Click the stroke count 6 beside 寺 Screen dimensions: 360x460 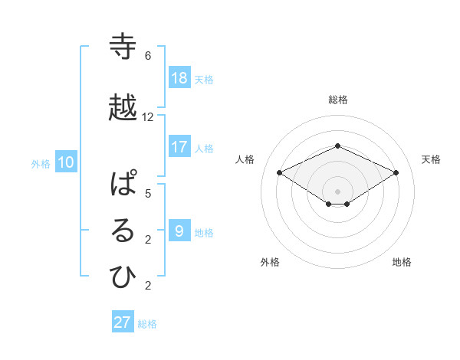(x=148, y=56)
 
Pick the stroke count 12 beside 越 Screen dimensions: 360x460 (x=148, y=116)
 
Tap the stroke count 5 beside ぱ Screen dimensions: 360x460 (x=148, y=193)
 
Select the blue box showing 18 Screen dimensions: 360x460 (x=179, y=78)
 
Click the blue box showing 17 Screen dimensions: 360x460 (x=179, y=147)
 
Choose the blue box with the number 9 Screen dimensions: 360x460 (x=179, y=231)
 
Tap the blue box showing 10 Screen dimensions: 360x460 (x=66, y=162)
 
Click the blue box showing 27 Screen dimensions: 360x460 (x=123, y=322)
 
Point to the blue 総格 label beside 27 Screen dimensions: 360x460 (x=147, y=324)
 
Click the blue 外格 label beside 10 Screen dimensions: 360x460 (x=41, y=163)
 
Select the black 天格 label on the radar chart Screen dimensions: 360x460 (x=431, y=159)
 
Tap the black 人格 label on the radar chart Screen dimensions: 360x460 (x=245, y=159)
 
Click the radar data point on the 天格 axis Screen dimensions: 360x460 (x=396, y=172)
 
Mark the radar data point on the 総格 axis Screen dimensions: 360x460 (x=337, y=146)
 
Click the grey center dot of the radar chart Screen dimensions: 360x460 (x=337, y=191)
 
